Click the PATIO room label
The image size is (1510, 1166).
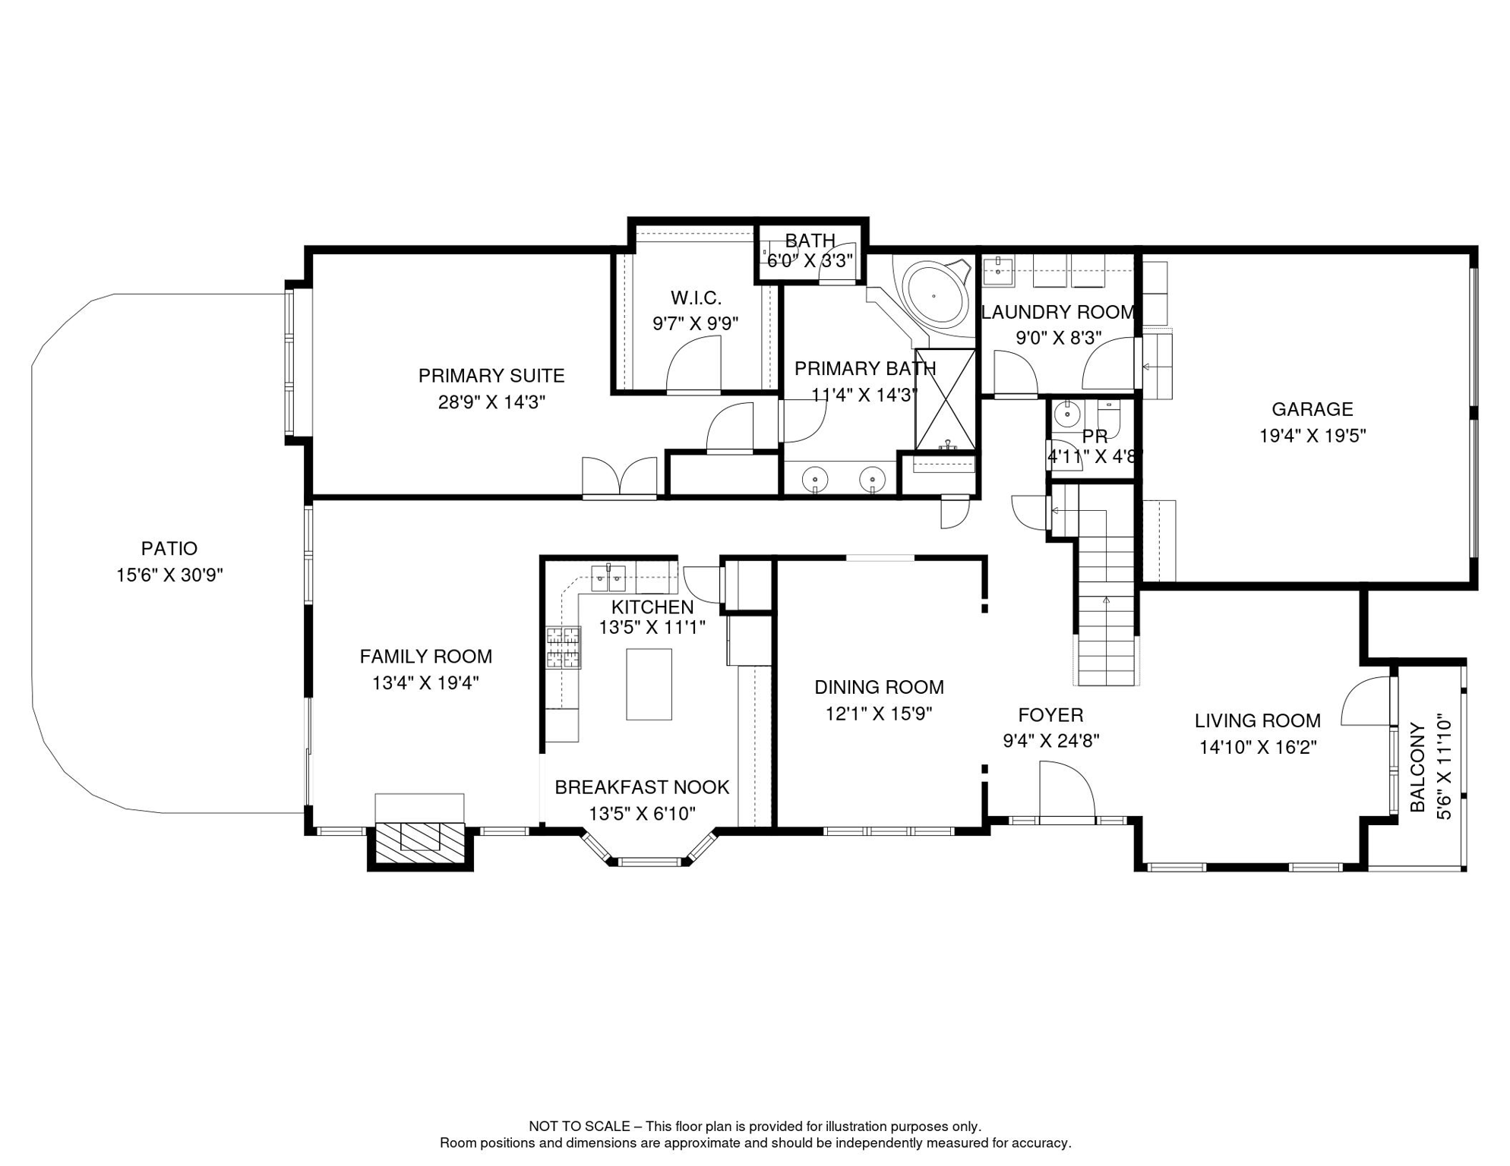pos(169,548)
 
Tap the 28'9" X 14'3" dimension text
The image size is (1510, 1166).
pos(491,402)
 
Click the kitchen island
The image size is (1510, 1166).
pos(649,684)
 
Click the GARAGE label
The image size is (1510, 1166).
pos(1313,409)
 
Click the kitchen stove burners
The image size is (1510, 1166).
pos(563,648)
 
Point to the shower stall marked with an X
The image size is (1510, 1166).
pos(946,399)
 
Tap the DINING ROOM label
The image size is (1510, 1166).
pos(879,687)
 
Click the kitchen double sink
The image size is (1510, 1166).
pos(608,578)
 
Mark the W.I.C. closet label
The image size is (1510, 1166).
pos(696,298)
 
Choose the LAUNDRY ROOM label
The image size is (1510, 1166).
pos(1058,312)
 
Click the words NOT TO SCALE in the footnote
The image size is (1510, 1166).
pos(580,1127)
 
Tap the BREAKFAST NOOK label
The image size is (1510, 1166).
pos(642,787)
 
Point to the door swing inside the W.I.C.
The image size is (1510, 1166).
pos(693,364)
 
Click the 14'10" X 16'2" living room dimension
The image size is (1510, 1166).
pos(1258,748)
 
